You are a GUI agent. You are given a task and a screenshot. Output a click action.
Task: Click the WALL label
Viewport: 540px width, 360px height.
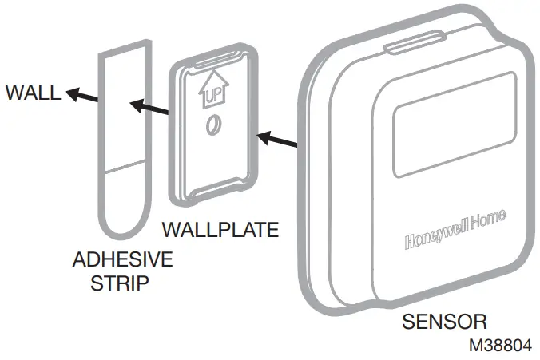coord(32,93)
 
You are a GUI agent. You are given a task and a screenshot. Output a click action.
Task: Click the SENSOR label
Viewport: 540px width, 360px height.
coord(444,322)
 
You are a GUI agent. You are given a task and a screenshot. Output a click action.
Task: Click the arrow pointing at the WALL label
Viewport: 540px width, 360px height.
coord(81,97)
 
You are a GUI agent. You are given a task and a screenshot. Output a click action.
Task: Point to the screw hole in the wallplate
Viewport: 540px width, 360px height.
coord(213,126)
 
